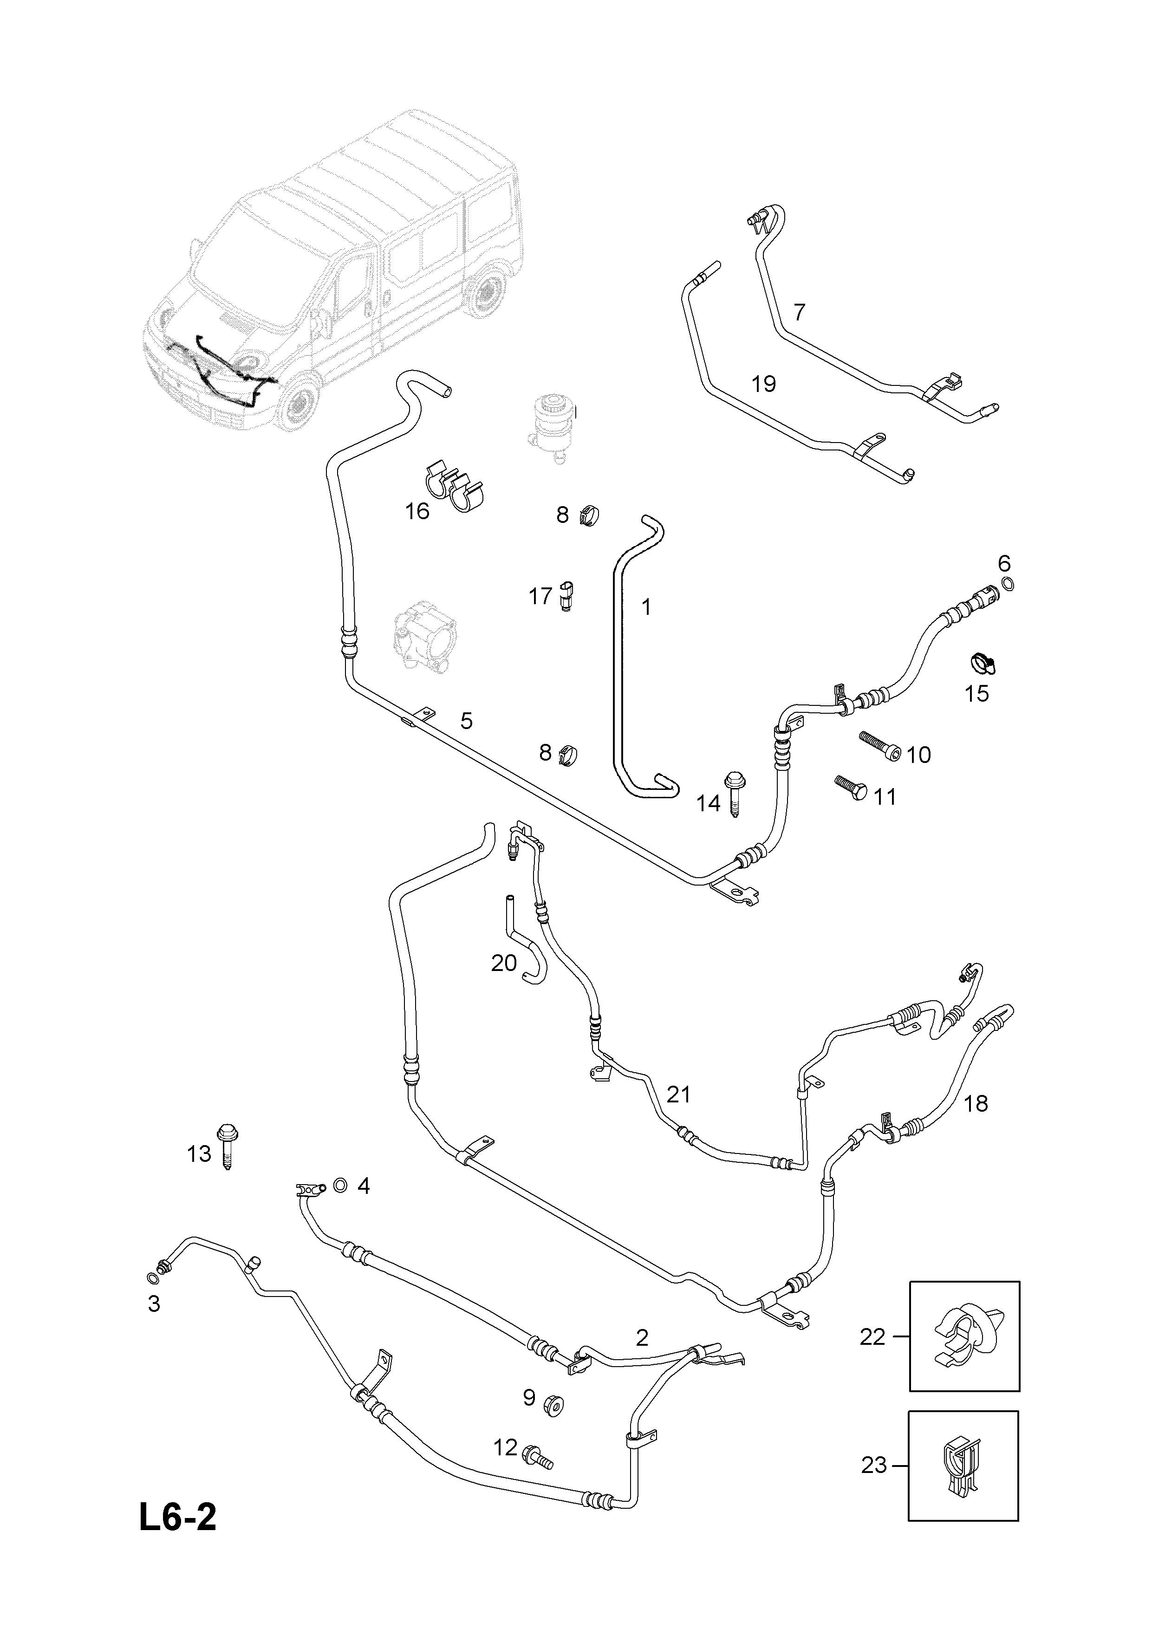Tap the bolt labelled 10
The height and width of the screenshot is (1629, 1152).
click(x=881, y=747)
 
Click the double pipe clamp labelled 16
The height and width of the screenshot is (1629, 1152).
click(x=455, y=486)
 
